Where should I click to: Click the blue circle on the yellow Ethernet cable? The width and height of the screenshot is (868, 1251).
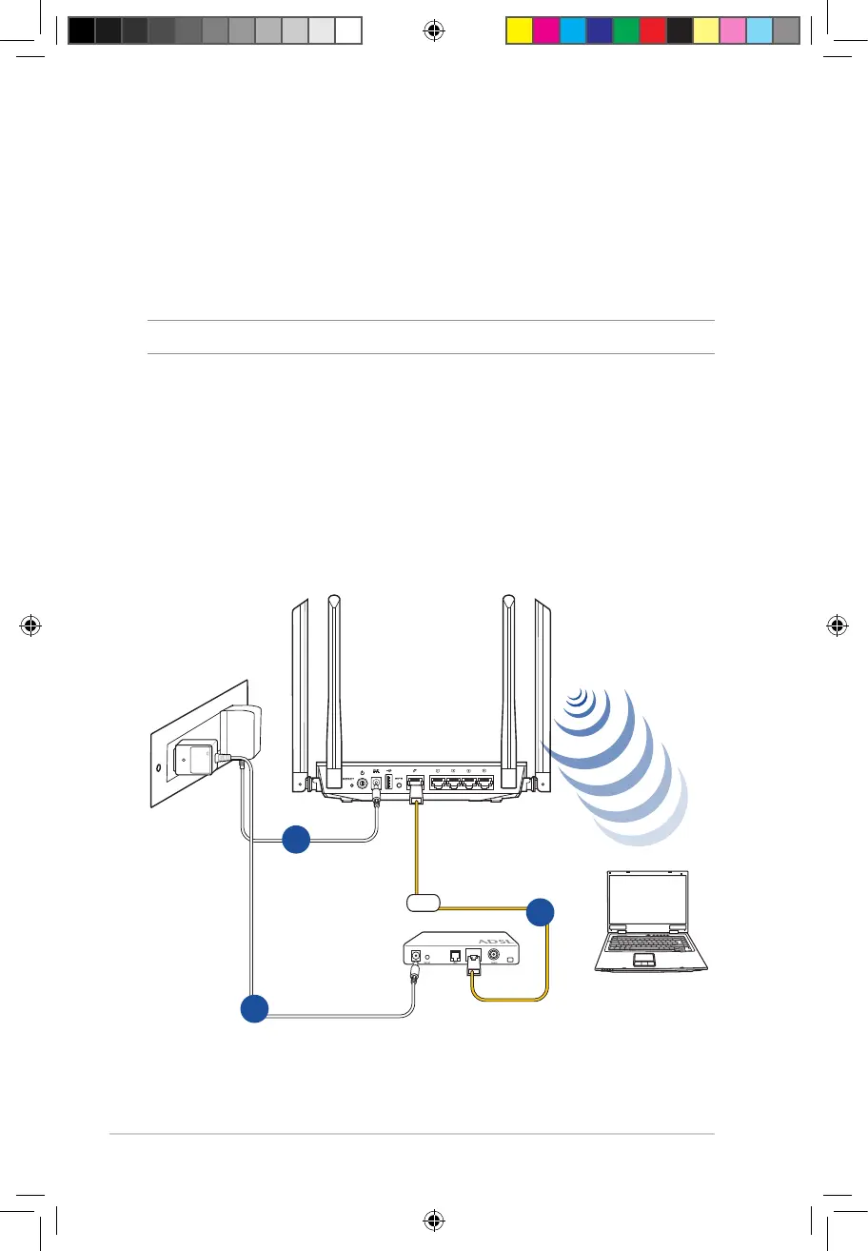coord(541,911)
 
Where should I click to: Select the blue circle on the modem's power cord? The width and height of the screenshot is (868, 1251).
coord(254,1008)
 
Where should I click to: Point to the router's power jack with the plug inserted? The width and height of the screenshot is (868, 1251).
coord(378,784)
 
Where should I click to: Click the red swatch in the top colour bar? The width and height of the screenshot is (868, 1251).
coord(652,30)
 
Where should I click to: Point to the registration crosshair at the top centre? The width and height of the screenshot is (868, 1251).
coord(433,30)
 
